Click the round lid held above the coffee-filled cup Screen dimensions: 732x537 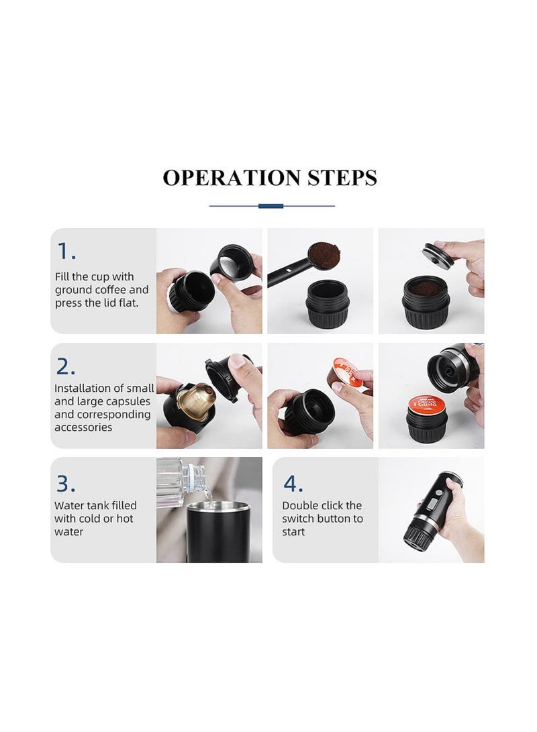click(438, 252)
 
